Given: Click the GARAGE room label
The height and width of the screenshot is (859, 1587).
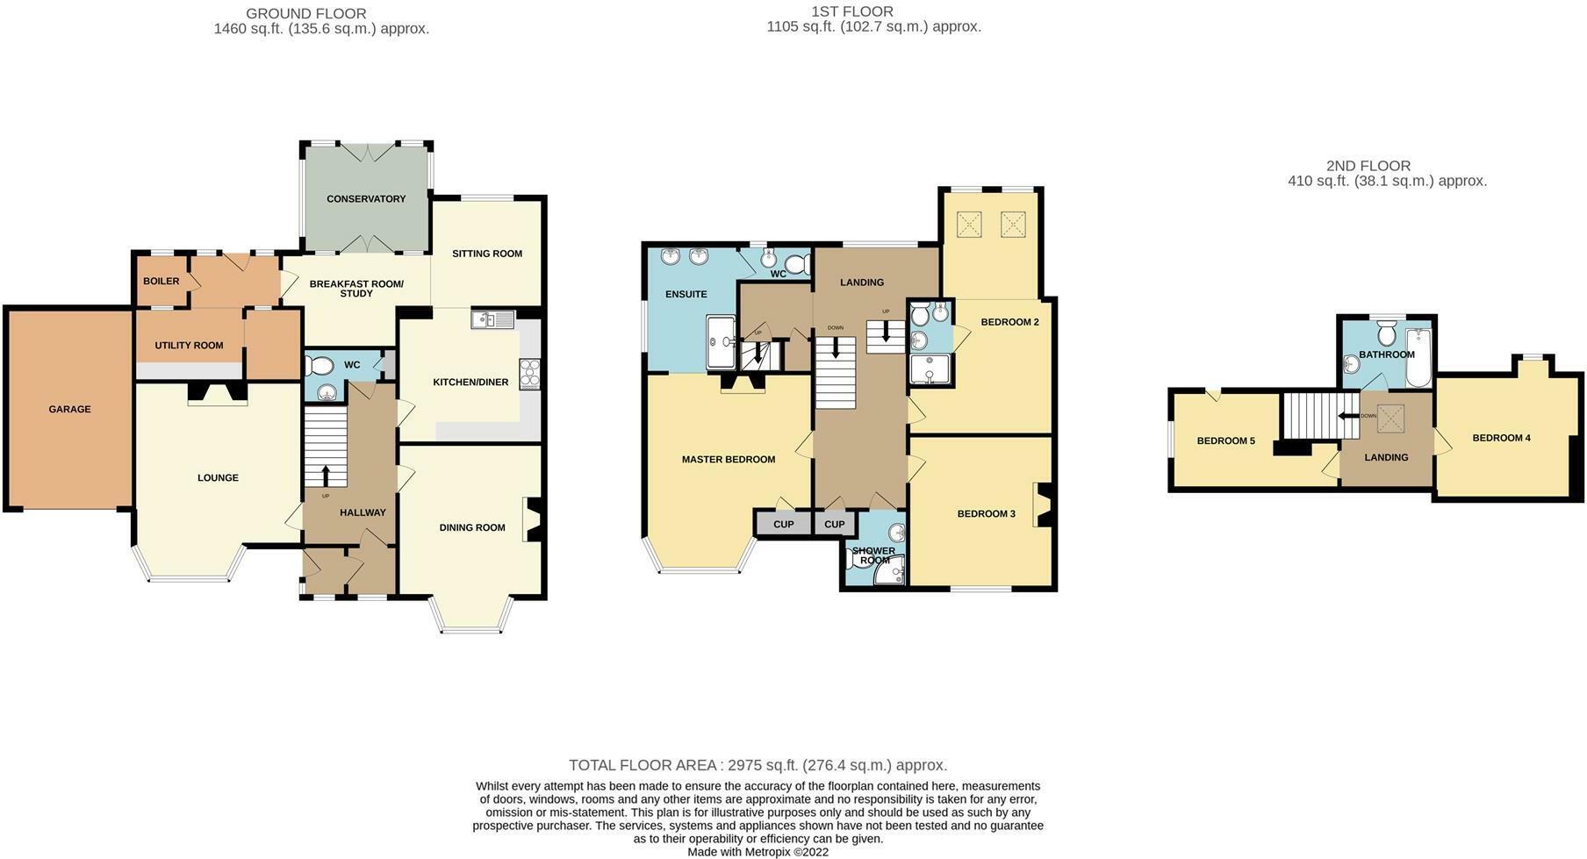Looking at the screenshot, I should [x=69, y=409].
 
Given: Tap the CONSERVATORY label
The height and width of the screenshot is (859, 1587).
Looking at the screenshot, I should [x=366, y=199].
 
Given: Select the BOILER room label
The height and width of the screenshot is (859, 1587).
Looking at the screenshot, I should [x=161, y=282].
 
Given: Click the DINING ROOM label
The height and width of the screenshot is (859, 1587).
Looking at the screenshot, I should [x=472, y=528].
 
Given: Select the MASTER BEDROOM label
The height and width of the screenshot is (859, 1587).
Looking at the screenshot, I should [x=729, y=460].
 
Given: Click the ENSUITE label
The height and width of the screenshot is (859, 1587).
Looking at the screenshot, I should [x=686, y=295].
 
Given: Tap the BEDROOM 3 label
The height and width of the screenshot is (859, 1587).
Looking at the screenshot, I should [x=986, y=514].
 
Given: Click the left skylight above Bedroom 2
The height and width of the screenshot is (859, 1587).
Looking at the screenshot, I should [x=967, y=225].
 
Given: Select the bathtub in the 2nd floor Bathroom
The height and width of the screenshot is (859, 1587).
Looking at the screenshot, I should [x=1418, y=358].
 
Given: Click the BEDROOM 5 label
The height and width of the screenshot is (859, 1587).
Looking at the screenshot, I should [x=1225, y=441].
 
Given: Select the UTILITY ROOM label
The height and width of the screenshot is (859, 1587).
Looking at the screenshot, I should [x=189, y=346].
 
